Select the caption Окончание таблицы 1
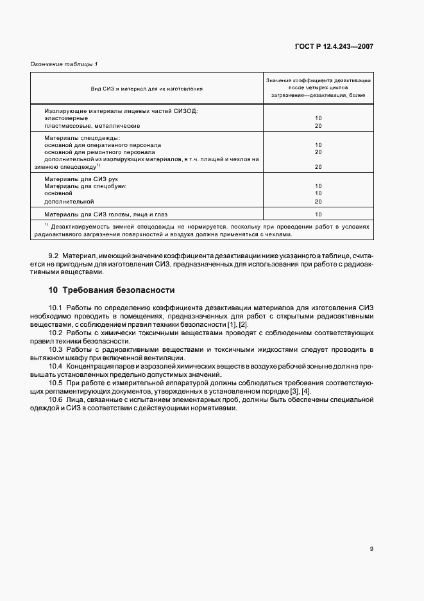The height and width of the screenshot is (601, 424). (64, 64)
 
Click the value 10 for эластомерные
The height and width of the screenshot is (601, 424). (318, 118)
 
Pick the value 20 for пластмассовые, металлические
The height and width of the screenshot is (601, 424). (318, 126)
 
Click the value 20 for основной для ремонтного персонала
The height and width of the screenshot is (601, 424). (318, 152)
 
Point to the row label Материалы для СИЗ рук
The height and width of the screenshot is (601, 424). (81, 179)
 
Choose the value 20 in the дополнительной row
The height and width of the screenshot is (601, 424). (318, 201)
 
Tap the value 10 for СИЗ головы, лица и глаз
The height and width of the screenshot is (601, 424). (318, 214)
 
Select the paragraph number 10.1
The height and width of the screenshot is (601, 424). (56, 308)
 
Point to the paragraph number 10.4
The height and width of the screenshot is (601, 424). (56, 365)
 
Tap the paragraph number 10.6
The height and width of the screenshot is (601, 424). (56, 400)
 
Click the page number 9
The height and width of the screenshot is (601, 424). (371, 548)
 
